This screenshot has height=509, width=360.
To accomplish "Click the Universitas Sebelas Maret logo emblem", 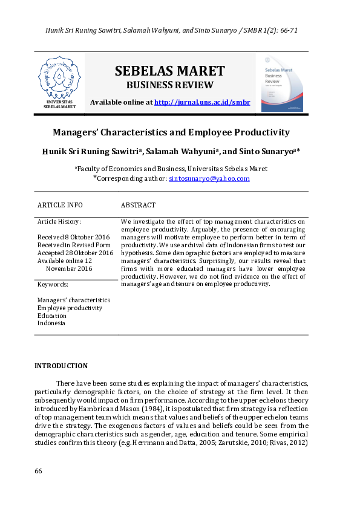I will [59, 79].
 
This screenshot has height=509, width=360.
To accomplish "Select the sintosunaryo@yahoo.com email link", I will [209, 178].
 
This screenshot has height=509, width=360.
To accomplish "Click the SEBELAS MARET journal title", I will [169, 71].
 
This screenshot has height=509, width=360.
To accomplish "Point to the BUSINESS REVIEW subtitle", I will [169, 85].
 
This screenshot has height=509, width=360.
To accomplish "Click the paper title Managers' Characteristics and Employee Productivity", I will [171, 132].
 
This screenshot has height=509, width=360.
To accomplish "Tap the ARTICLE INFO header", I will [60, 206].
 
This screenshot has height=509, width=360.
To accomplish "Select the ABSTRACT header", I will [138, 206].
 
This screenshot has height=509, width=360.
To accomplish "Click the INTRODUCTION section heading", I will [61, 366].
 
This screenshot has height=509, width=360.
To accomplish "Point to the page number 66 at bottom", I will [38, 471].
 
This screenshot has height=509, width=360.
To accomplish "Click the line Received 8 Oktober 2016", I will [73, 237].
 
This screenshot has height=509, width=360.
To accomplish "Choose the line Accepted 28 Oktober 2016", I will [75, 253].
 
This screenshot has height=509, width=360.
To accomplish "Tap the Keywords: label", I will [53, 284].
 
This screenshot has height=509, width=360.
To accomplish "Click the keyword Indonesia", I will [51, 323].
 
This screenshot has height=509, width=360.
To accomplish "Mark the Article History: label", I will [59, 222].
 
